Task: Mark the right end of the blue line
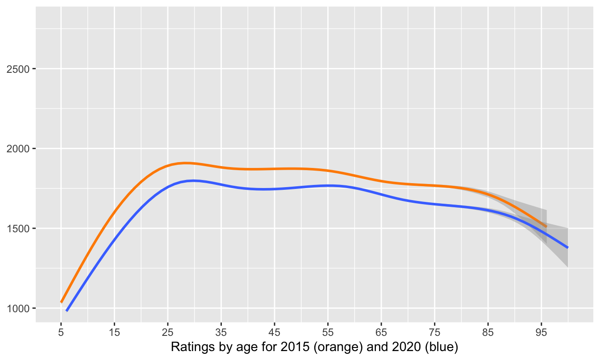click(568, 247)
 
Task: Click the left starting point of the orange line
click(61, 302)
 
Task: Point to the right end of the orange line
click(546, 226)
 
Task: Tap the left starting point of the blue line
click(67, 310)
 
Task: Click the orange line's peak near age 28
click(184, 163)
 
